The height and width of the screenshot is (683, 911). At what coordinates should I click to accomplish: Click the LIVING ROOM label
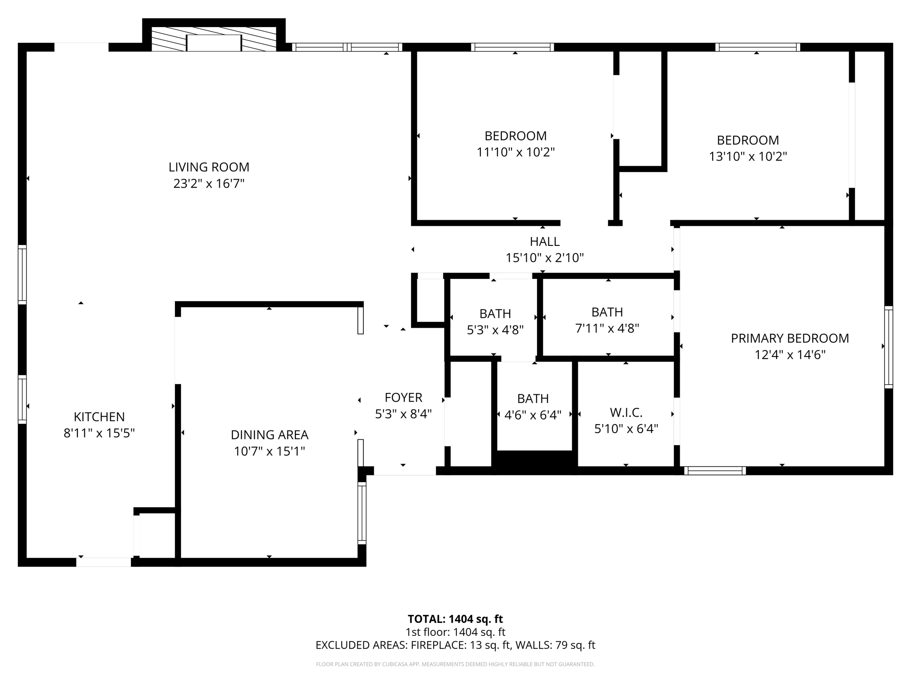point(209,167)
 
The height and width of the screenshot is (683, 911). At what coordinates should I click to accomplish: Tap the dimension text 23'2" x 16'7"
point(209,184)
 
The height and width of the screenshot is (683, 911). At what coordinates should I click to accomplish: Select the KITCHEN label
point(99,417)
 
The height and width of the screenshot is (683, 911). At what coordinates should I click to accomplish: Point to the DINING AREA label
point(270,434)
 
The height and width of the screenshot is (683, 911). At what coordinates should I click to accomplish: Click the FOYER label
point(403,397)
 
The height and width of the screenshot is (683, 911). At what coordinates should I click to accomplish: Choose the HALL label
point(544,241)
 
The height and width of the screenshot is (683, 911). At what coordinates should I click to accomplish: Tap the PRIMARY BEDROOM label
point(790,338)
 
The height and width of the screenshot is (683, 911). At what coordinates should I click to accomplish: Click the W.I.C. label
point(626,413)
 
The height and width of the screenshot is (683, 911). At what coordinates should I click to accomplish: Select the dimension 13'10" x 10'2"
point(748,157)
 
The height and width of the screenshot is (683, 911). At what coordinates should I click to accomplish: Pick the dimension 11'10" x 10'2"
point(516,153)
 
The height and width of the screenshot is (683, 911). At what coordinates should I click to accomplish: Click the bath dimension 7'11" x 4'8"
point(607,329)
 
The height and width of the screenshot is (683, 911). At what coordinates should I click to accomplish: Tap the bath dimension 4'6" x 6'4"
point(533,415)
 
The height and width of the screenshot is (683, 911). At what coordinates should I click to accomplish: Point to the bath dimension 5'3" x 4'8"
point(495,330)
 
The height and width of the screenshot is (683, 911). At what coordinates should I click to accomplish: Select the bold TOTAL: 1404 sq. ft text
point(455,619)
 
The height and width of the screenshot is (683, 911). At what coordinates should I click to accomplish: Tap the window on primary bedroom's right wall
point(888,347)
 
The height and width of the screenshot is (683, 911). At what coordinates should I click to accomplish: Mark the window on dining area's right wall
point(362,513)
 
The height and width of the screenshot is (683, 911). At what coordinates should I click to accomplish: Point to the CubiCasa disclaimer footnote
point(455,664)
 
